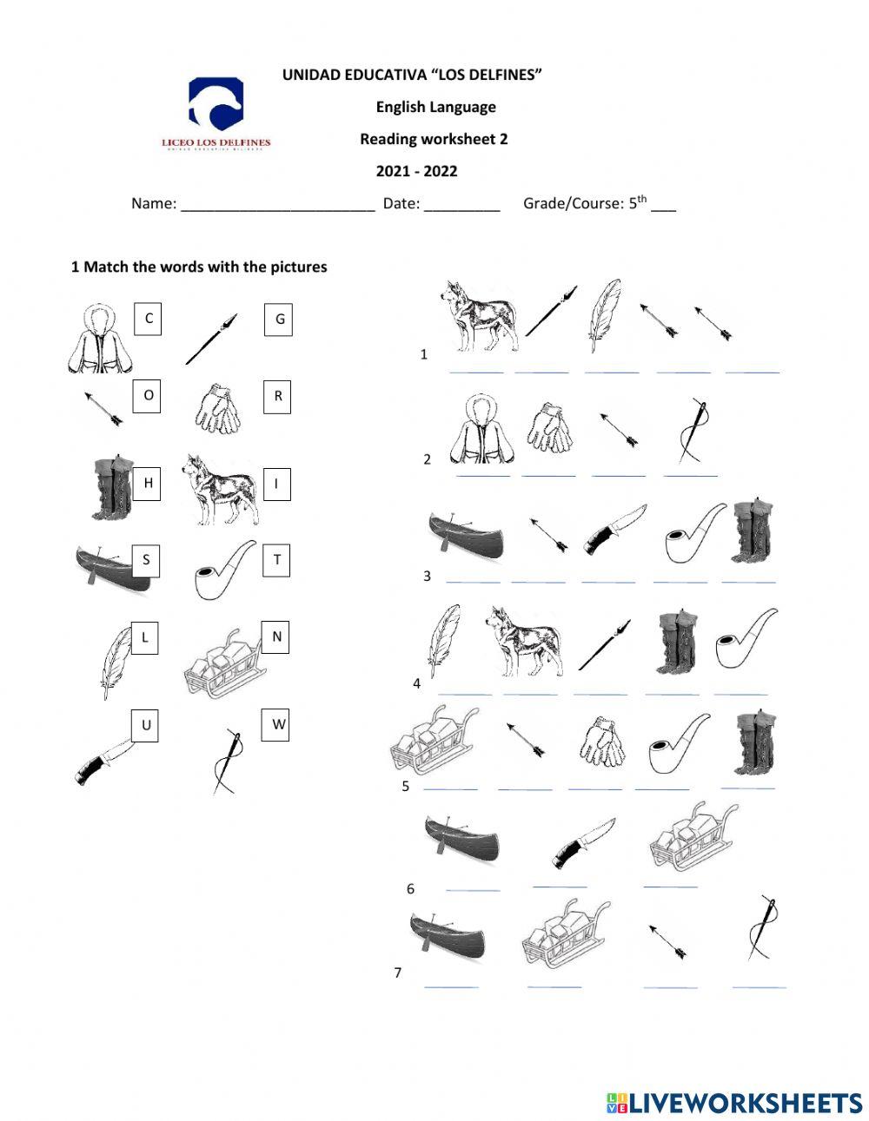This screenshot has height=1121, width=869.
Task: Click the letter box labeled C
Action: [149, 319]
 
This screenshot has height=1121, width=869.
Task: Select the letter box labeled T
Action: [276, 560]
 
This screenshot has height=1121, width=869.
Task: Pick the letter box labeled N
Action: [276, 636]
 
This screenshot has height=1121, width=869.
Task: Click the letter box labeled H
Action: [148, 483]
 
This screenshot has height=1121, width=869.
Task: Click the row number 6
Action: [410, 888]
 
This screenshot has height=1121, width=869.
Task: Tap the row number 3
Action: [427, 576]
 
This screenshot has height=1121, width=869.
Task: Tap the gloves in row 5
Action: [602, 742]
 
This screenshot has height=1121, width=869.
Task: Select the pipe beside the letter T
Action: [224, 570]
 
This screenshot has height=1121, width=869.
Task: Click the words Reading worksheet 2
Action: [434, 139]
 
